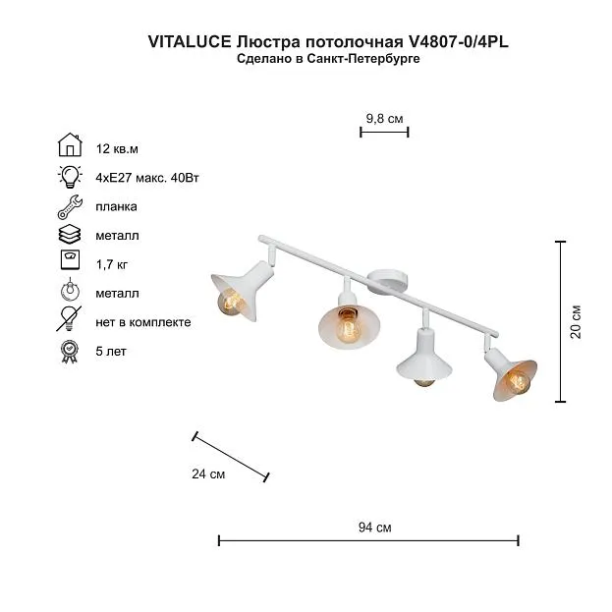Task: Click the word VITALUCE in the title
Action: tap(190, 42)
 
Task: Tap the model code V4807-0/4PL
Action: tap(458, 42)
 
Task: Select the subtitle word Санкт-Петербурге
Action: tap(363, 59)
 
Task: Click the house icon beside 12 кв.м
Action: tap(70, 144)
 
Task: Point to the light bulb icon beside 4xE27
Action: tap(70, 177)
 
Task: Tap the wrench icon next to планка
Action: tap(70, 207)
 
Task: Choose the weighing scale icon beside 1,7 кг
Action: tap(71, 260)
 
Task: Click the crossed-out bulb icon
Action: tap(69, 318)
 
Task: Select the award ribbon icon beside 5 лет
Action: tap(70, 352)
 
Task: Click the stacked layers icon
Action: tap(70, 235)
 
